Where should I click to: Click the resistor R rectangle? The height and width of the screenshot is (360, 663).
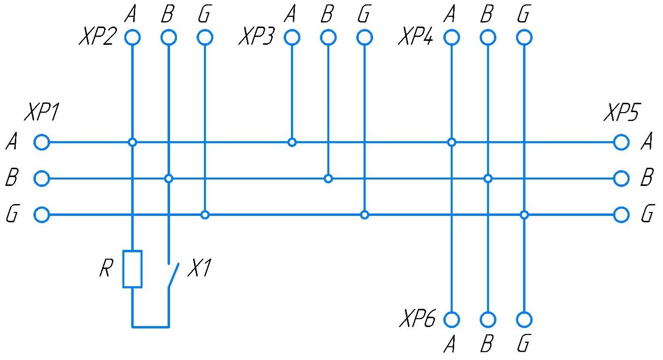click(132, 269)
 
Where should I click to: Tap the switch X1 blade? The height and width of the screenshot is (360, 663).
click(173, 276)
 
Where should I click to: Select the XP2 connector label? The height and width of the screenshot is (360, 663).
click(96, 37)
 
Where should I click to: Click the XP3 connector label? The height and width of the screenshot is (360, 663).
click(256, 37)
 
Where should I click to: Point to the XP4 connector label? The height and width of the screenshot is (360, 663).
click(416, 37)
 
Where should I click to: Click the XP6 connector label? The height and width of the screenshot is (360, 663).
click(417, 319)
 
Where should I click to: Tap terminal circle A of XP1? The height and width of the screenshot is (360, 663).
click(42, 143)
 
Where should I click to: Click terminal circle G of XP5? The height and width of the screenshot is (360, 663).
click(621, 215)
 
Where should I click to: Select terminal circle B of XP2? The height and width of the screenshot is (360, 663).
click(169, 37)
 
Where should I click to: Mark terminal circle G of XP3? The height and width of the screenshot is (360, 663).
click(364, 37)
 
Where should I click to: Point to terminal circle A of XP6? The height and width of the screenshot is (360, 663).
click(452, 320)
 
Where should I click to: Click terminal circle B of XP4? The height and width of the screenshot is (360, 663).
click(488, 37)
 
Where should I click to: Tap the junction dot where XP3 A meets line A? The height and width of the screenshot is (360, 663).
click(292, 143)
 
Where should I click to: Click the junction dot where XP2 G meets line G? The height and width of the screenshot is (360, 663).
click(205, 215)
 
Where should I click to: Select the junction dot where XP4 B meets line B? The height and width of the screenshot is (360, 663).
click(488, 179)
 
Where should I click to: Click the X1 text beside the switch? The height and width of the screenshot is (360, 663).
click(199, 269)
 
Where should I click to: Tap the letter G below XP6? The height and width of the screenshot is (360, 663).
click(524, 344)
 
